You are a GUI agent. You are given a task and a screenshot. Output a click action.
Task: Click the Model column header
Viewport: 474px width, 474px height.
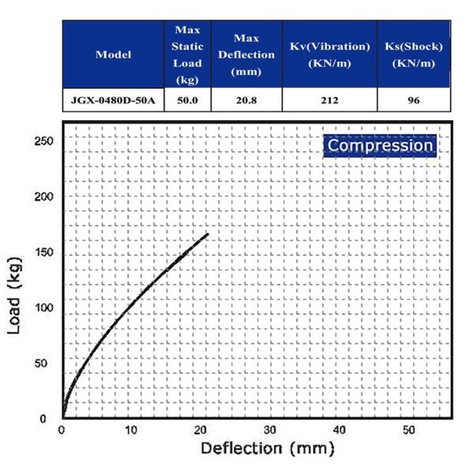(113, 55)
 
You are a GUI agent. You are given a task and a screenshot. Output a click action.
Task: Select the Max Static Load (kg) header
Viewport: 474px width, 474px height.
(187, 55)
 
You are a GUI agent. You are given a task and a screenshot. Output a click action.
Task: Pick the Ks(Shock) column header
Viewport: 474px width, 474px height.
(414, 55)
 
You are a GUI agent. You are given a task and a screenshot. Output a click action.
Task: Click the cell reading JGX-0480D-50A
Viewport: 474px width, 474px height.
(113, 100)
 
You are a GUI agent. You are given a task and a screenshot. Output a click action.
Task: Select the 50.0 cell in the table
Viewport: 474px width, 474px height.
(187, 100)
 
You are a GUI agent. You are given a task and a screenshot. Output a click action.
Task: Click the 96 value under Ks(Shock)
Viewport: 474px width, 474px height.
(414, 100)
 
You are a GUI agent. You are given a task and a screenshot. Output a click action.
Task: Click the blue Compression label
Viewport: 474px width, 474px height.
(380, 145)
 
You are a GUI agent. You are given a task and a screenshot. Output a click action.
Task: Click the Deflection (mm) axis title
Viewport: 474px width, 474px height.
(268, 449)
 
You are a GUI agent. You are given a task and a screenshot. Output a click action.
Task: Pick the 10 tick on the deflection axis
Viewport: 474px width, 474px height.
(131, 430)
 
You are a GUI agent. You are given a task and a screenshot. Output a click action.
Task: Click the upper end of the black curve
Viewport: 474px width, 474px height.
(207, 235)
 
